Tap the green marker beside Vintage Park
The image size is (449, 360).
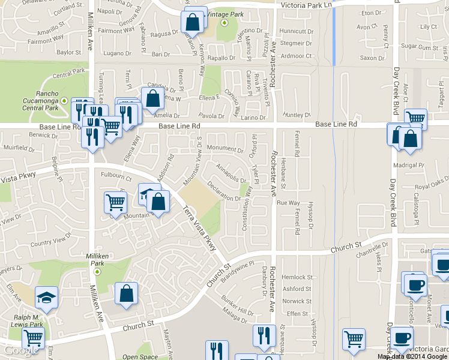[x=224, y=23]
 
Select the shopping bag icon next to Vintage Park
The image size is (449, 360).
[x=193, y=22]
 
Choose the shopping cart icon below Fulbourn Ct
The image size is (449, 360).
[x=115, y=202]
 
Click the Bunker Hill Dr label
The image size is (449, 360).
[x=237, y=304]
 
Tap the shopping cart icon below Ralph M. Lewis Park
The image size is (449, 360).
[x=32, y=338]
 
